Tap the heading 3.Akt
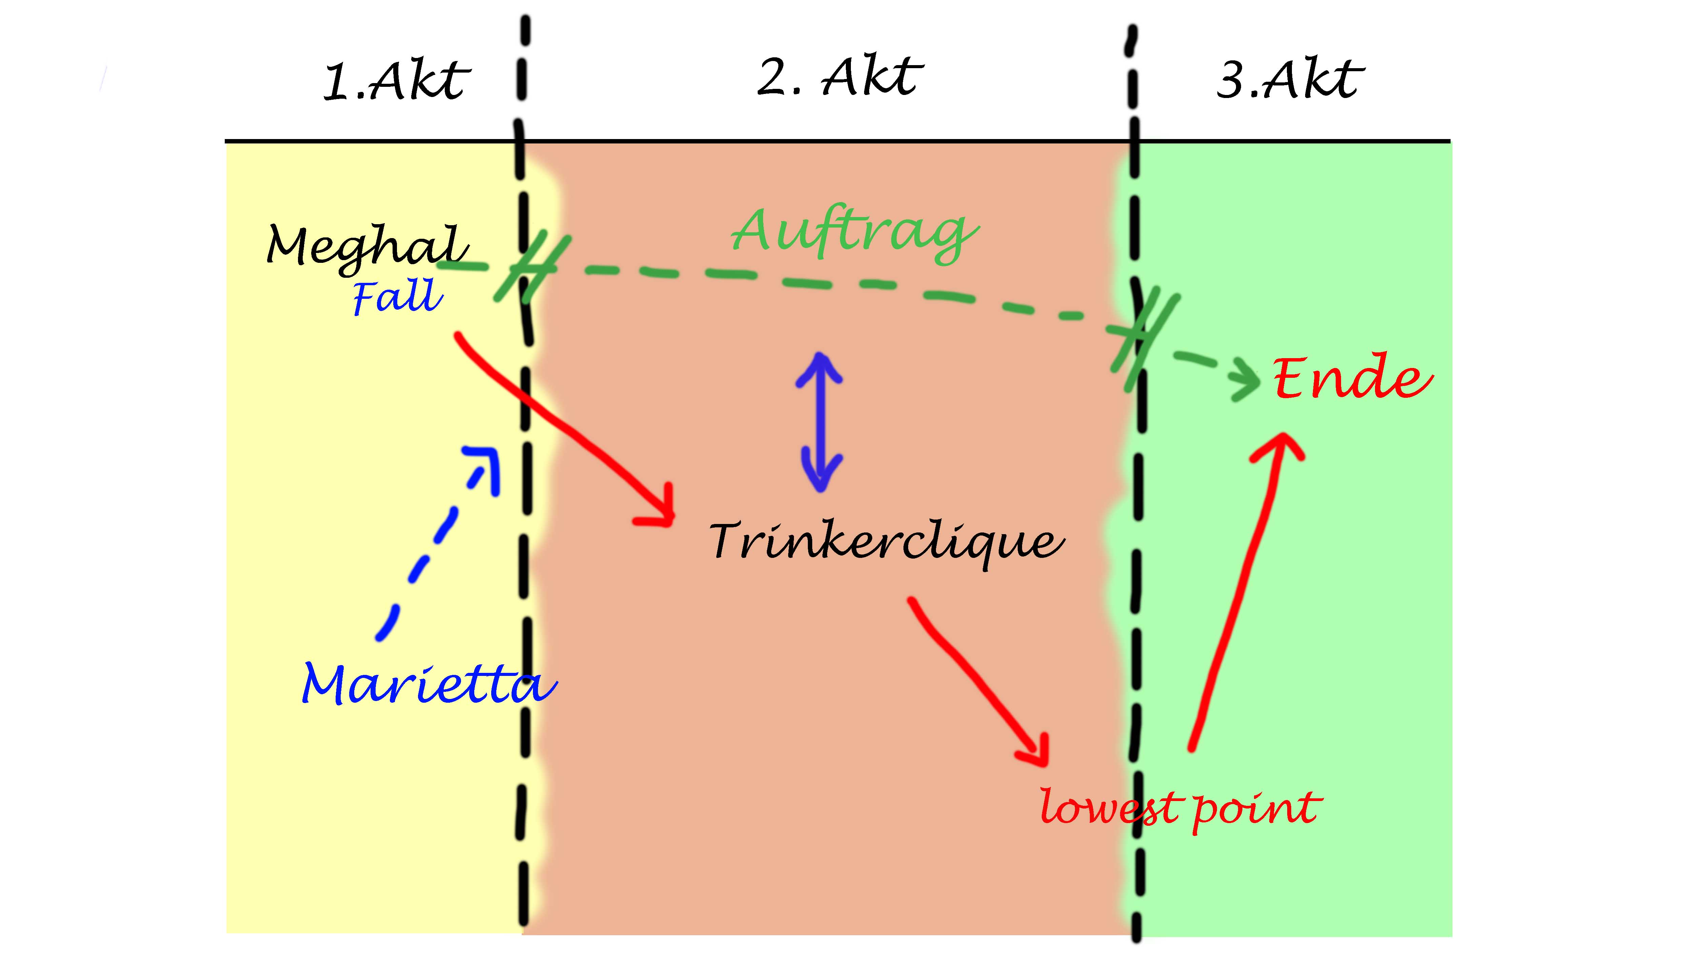coord(1290,80)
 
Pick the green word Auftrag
coord(854,232)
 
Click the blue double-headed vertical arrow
coord(820,421)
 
